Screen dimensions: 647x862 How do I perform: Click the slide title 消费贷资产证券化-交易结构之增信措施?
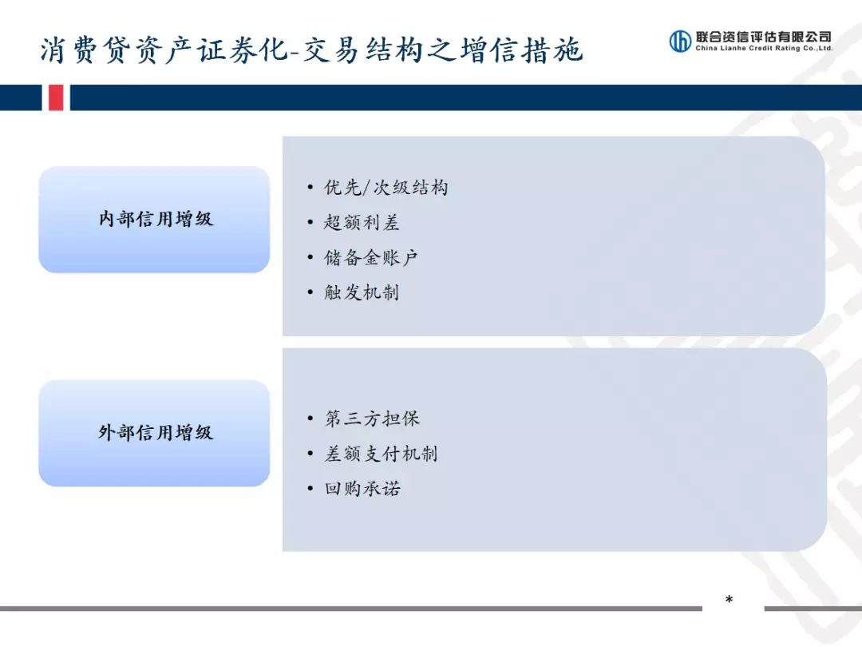[311, 50]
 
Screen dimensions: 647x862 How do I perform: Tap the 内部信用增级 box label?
[156, 219]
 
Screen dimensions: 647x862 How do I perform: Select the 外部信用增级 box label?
[156, 433]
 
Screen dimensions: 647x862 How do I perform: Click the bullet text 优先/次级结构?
[386, 188]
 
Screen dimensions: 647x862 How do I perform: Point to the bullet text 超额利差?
[361, 223]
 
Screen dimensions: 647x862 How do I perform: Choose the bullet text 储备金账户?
[370, 258]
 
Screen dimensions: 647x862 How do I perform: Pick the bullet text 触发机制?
[361, 292]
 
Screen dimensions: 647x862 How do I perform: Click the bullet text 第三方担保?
[371, 419]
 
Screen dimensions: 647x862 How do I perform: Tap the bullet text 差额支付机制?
[381, 454]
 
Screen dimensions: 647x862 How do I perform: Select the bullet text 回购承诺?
[362, 489]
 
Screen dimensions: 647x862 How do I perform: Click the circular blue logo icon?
[680, 41]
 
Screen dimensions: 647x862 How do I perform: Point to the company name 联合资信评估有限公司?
[763, 36]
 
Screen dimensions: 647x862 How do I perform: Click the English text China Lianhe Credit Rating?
[763, 49]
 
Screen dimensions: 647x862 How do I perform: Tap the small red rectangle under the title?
[55, 97]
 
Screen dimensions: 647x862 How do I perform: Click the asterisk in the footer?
[729, 601]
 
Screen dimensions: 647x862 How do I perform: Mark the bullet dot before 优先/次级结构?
[310, 189]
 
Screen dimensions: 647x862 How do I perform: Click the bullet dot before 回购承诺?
[310, 489]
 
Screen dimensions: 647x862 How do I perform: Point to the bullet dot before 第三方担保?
[310, 419]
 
